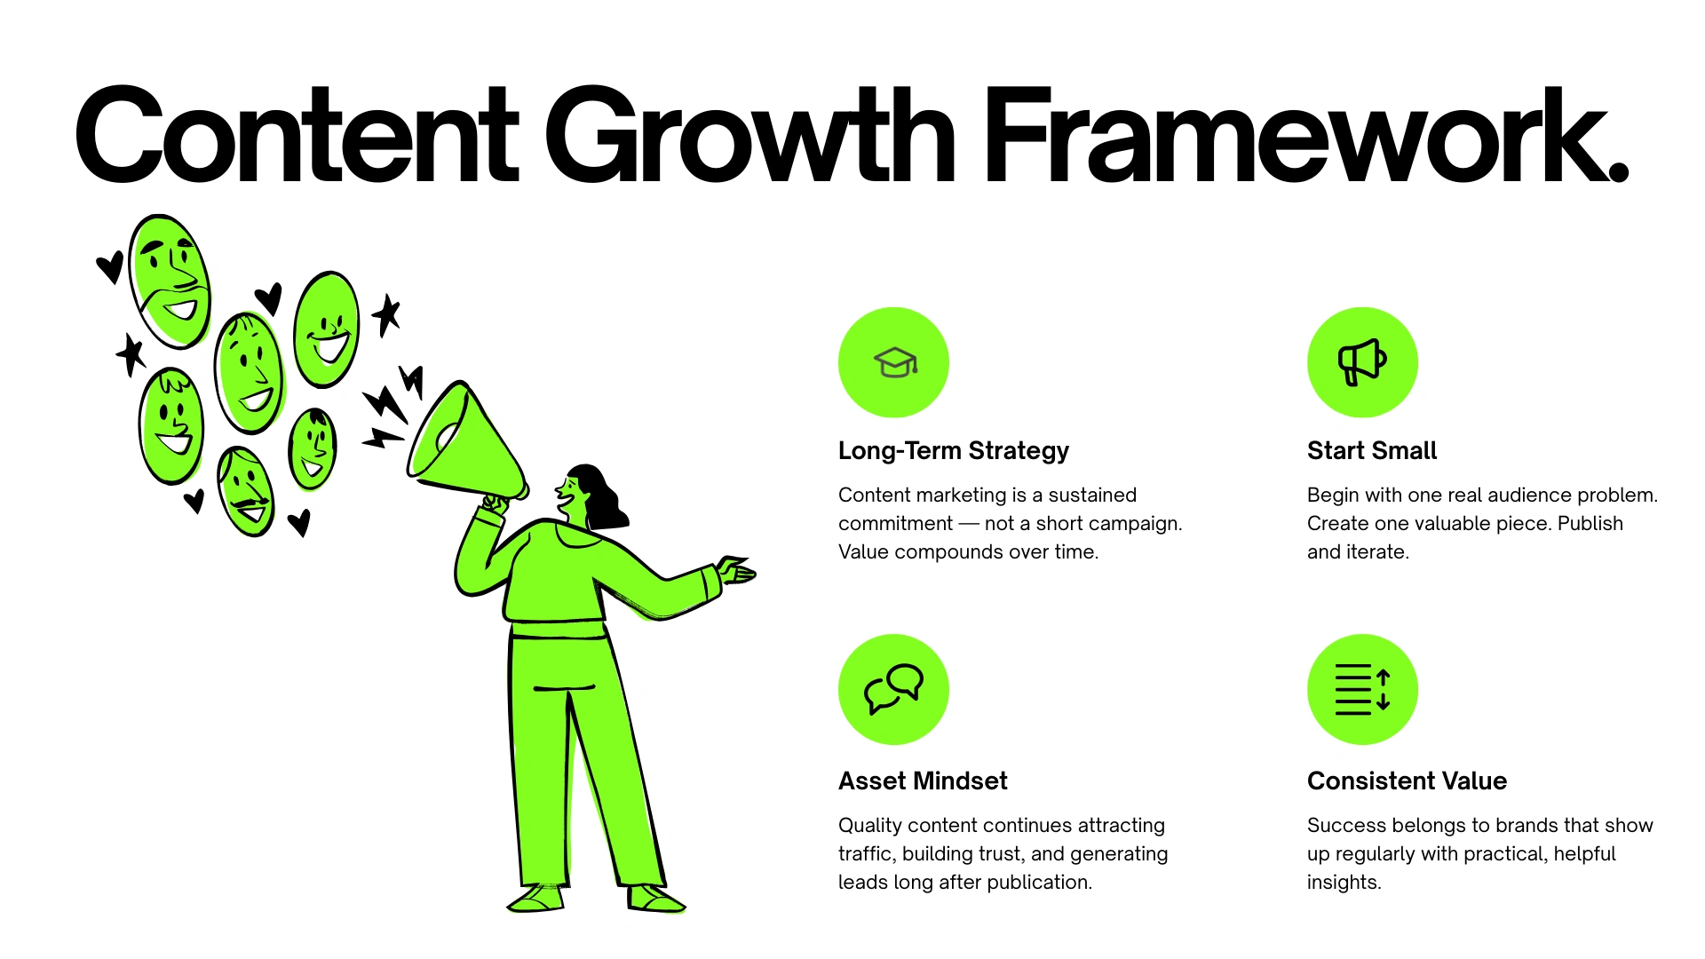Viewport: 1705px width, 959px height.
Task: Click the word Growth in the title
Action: click(749, 135)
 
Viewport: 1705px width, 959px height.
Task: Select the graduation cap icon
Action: click(893, 362)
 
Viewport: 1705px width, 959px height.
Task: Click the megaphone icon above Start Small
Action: click(1362, 362)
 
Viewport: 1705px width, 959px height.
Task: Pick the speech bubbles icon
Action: click(893, 689)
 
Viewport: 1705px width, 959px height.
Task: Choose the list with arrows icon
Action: click(1362, 689)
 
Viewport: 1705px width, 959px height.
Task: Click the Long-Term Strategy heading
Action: click(953, 451)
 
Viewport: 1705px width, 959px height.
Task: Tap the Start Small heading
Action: click(1371, 451)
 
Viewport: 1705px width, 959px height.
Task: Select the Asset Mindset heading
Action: click(923, 781)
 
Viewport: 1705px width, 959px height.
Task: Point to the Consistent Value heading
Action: click(1407, 781)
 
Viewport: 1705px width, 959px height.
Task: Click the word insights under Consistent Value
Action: click(1343, 883)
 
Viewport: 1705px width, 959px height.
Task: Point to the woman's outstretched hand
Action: click(737, 570)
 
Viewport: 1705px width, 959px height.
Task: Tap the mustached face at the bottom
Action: click(246, 492)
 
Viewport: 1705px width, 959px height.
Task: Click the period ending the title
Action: click(1618, 170)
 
